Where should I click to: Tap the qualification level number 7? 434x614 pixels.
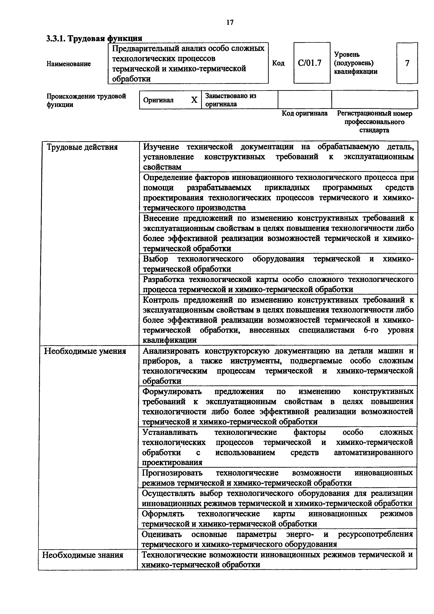point(407,63)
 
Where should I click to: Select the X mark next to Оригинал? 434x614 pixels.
point(194,100)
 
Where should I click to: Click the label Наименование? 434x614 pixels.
point(69,64)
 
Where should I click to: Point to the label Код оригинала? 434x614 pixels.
point(305,113)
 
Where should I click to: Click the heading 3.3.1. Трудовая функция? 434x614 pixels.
point(94,39)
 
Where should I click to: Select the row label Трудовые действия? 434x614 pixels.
point(82,147)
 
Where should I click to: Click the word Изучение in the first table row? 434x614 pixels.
point(161,147)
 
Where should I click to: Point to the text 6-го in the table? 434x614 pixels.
point(371,330)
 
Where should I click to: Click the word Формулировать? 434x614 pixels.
point(172,392)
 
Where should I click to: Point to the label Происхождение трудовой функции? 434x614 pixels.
point(86,100)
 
